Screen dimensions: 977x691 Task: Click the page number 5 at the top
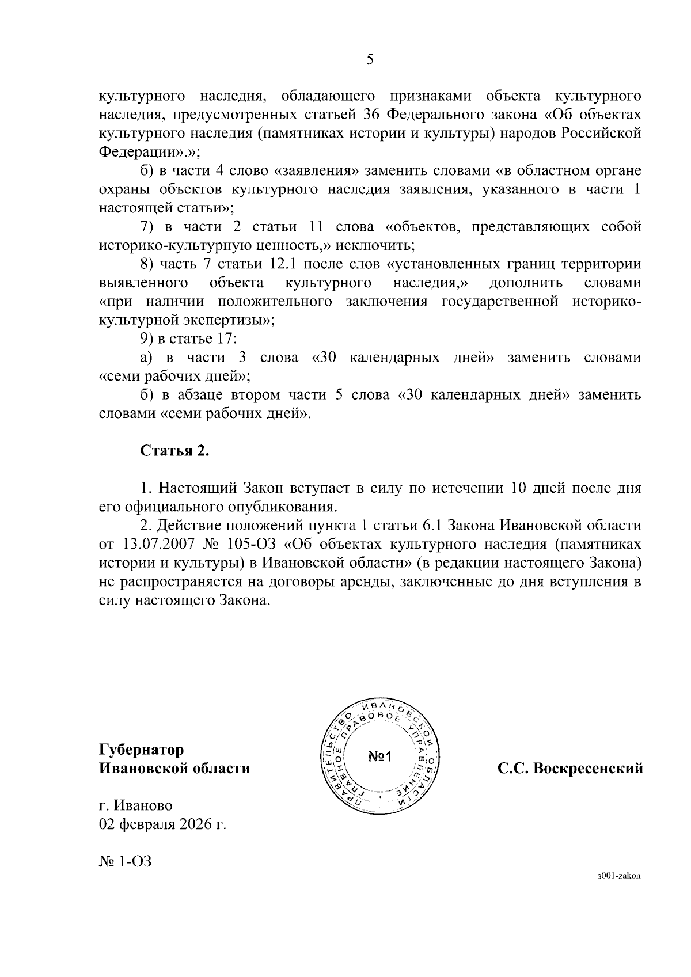[x=370, y=59]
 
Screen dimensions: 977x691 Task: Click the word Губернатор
[x=142, y=750]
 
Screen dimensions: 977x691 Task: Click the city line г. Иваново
[x=136, y=805]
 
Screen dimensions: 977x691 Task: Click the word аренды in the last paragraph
[x=358, y=582]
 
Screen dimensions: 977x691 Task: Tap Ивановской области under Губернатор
[x=175, y=769]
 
